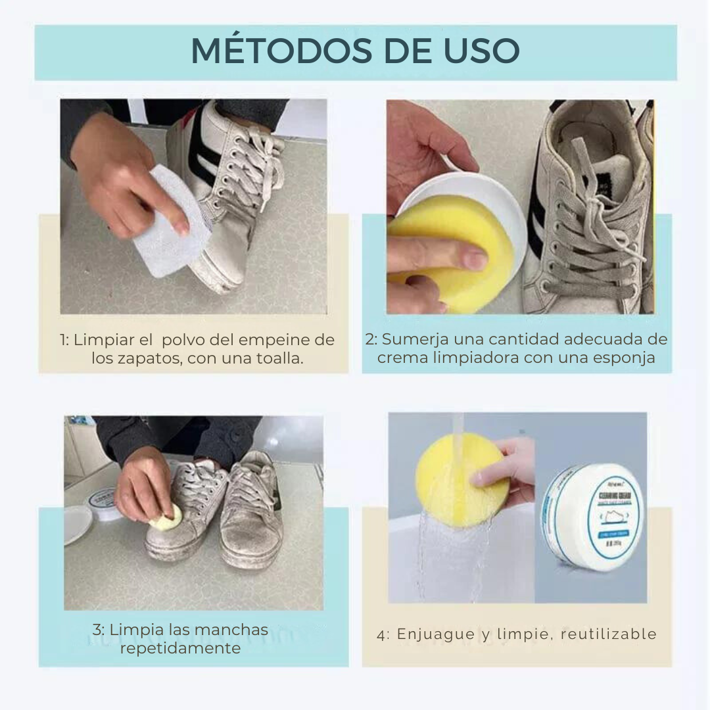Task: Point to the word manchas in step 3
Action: click(233, 629)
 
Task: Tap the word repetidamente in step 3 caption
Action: click(180, 648)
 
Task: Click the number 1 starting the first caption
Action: click(63, 341)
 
